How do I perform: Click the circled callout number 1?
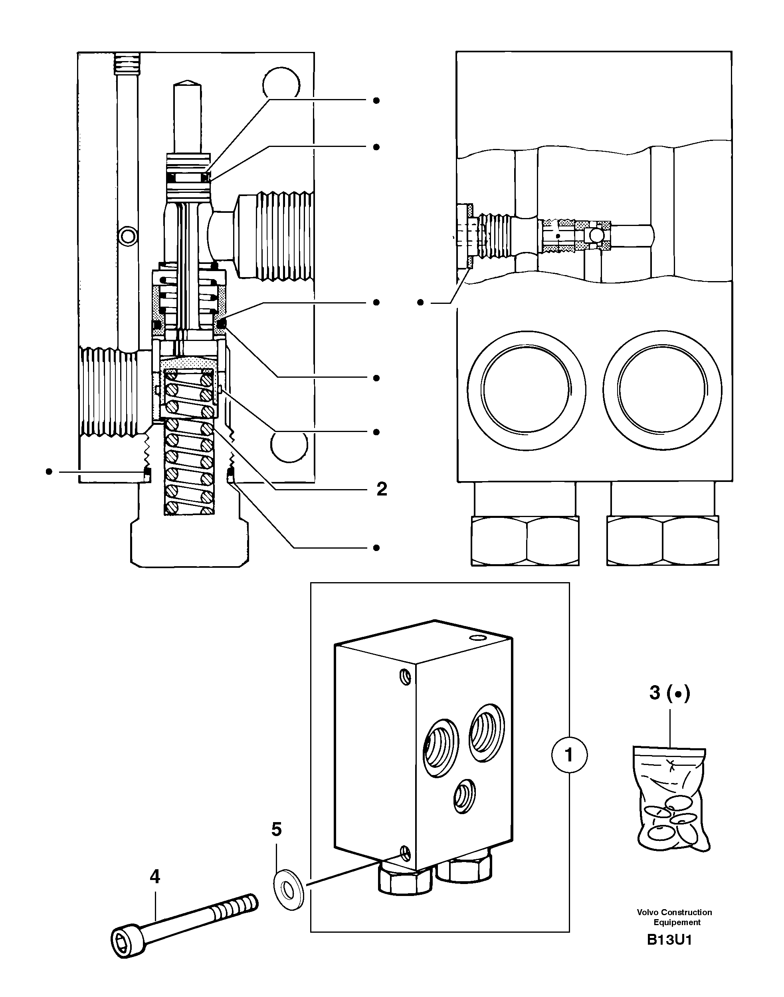coord(569,755)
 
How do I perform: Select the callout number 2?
coord(382,490)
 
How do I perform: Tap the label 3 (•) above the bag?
coord(669,693)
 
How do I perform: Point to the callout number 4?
coord(155,877)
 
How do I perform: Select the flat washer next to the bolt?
coord(288,891)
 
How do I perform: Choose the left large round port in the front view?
coord(526,389)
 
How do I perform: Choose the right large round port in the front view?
coord(662,389)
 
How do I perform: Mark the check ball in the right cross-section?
coord(597,236)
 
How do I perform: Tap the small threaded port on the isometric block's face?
coord(464,796)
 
